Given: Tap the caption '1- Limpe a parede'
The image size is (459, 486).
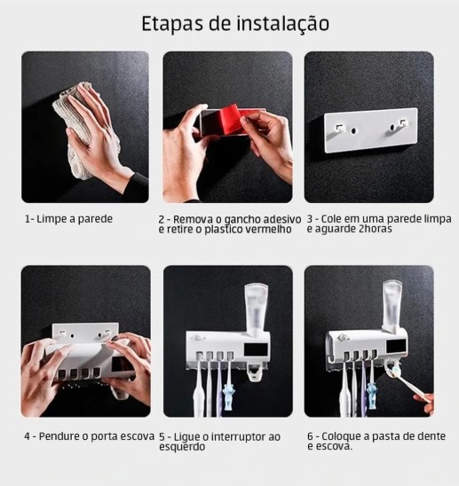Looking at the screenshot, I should tap(68, 218).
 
